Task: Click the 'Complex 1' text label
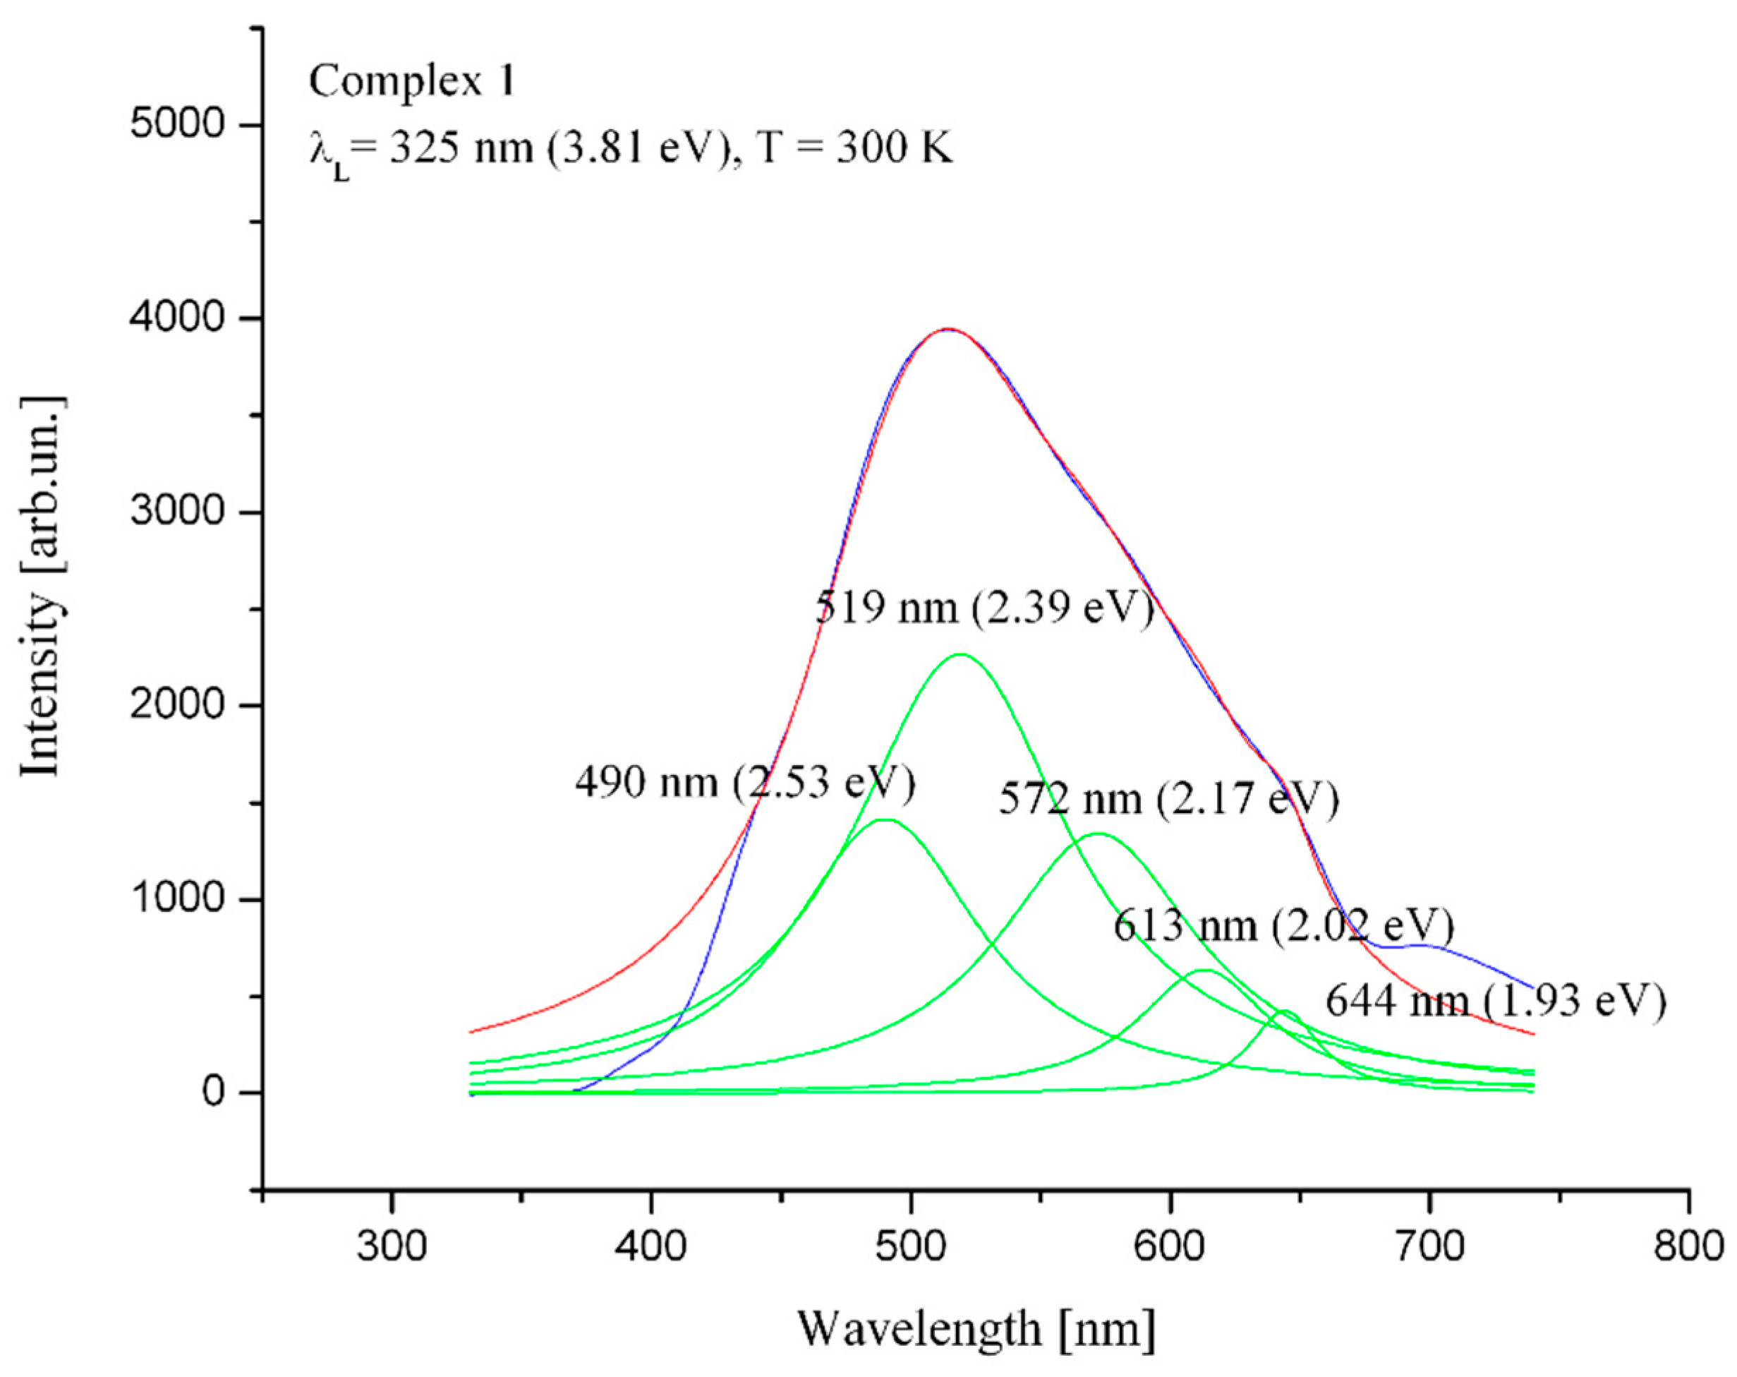411,81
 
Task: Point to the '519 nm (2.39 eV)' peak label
984,607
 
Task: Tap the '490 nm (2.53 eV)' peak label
745,781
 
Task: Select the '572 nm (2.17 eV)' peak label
1168,798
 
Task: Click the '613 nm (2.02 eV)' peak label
1283,926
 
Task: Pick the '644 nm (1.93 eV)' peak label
1495,1002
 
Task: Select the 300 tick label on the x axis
392,1246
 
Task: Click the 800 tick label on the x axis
1688,1246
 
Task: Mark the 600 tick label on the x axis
1170,1246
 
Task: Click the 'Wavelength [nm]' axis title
976,1329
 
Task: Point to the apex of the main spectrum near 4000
948,329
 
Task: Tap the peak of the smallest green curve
1285,1011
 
